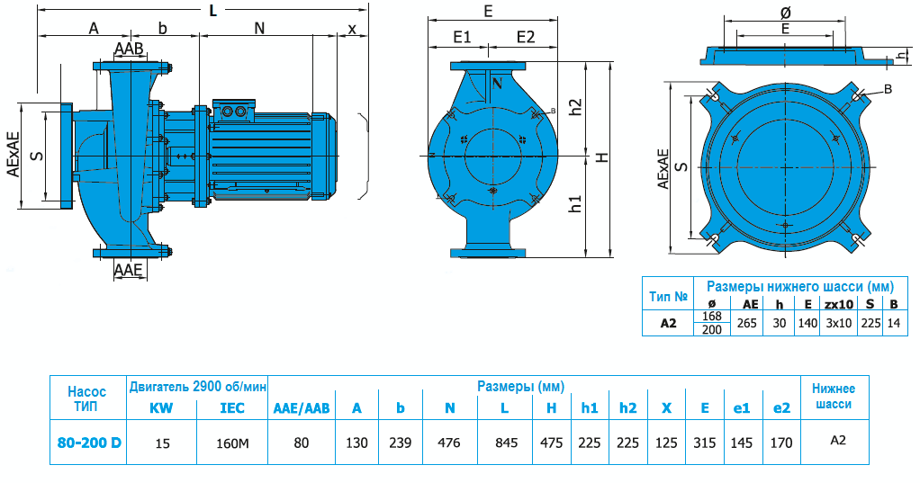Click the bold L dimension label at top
coord(212,11)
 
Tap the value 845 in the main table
coord(506,443)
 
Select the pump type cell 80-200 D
coord(88,443)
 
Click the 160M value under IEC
coord(232,443)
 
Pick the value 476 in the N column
coord(448,443)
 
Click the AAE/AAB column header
coord(302,408)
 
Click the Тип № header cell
coord(668,296)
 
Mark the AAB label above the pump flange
coord(129,49)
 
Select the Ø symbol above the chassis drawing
coord(784,13)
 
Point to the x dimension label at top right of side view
coord(352,28)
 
